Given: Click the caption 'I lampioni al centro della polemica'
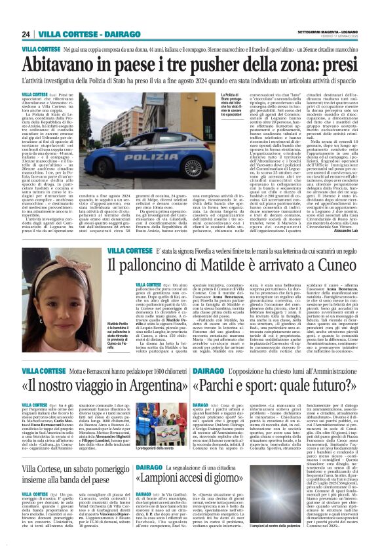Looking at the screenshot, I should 340,543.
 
